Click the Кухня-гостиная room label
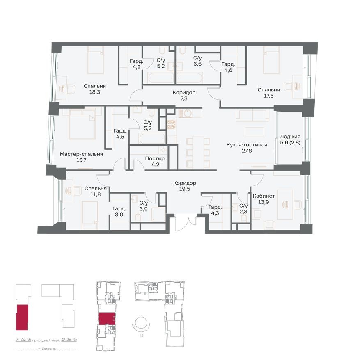(x=247, y=145)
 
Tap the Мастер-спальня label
(x=81, y=154)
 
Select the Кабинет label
(x=264, y=196)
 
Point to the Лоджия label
(x=290, y=137)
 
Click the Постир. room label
(x=156, y=158)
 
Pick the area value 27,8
(x=247, y=151)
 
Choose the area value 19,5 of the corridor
(x=184, y=190)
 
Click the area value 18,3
(x=95, y=93)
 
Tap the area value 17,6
(x=268, y=96)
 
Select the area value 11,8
(x=96, y=195)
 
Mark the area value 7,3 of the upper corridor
(x=184, y=99)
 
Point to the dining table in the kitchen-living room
(x=198, y=152)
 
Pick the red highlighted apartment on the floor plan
(x=106, y=318)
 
